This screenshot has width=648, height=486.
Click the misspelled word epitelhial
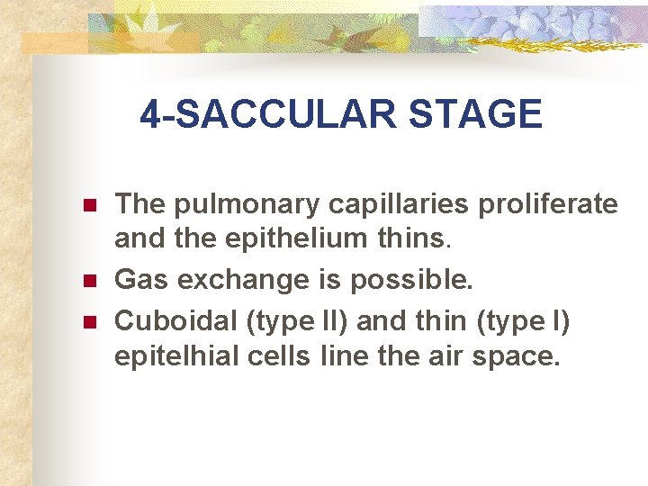tap(172, 357)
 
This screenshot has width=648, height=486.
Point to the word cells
tap(273, 356)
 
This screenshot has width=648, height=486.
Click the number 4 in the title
tap(150, 115)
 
